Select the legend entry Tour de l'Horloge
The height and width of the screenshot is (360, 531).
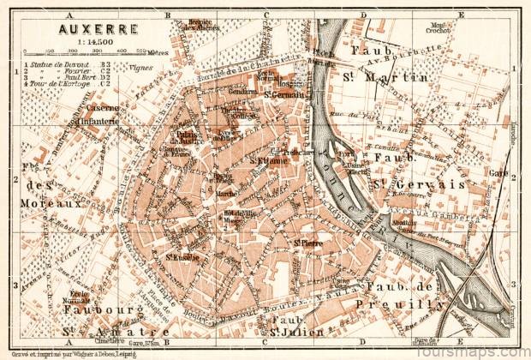[60, 83]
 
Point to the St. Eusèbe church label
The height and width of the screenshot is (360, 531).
[182, 256]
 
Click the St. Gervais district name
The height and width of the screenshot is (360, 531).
[428, 183]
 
